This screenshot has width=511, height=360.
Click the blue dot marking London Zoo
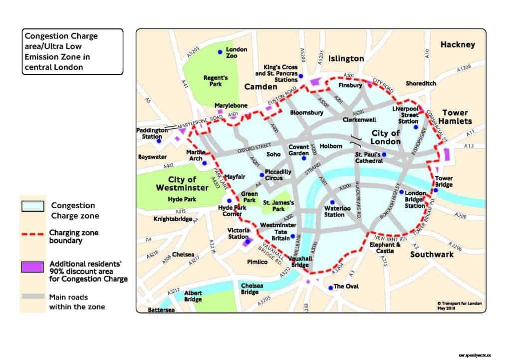pyautogui.click(x=220, y=52)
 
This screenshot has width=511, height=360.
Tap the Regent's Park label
pyautogui.click(x=216, y=81)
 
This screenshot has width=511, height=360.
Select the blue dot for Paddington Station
pyautogui.click(x=158, y=141)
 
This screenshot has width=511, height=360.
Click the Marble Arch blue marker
pyautogui.click(x=204, y=163)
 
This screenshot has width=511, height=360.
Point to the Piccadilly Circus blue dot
pyautogui.click(x=262, y=175)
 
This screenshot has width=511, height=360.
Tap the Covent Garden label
pyautogui.click(x=299, y=150)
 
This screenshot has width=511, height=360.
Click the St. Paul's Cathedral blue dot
pyautogui.click(x=384, y=155)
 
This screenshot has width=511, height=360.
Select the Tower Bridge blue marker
pyautogui.click(x=436, y=190)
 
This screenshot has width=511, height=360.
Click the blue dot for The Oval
pyautogui.click(x=330, y=288)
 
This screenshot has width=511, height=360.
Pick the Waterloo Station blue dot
pyautogui.click(x=332, y=202)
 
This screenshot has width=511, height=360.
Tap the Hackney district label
pyautogui.click(x=458, y=45)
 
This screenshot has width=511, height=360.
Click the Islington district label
pyautogui.click(x=346, y=58)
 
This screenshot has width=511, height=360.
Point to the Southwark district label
pyautogui.click(x=432, y=254)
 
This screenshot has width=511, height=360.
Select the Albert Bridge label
pyautogui.click(x=193, y=296)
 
